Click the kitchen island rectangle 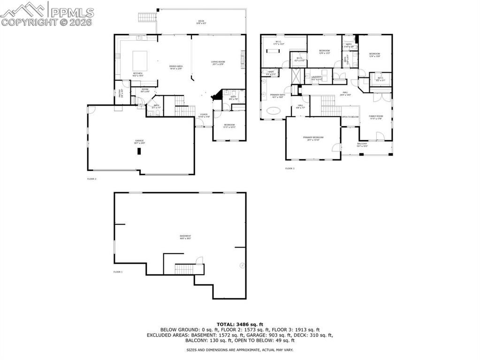tap(139, 60)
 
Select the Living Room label tap(218, 63)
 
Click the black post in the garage tap(139, 151)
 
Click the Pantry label tap(120, 93)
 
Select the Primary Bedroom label tap(313, 138)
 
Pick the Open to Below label tap(350, 117)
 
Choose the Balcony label tap(362, 144)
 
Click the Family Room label tap(376, 117)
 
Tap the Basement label tap(185, 237)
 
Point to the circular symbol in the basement tap(242, 265)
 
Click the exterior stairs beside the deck tap(147, 17)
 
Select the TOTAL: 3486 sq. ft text tap(240, 324)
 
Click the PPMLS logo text tap(72, 12)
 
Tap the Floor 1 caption tap(118, 272)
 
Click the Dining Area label tap(176, 67)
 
